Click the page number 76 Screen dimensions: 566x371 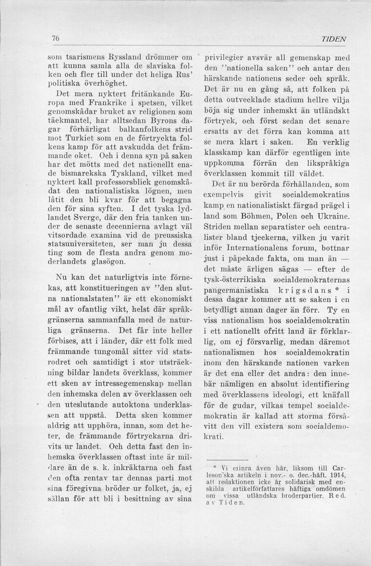pyautogui.click(x=42, y=39)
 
